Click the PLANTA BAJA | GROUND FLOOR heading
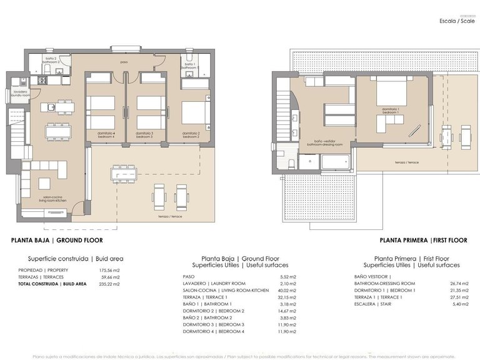pyautogui.click(x=57, y=240)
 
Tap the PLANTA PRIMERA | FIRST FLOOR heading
pyautogui.click(x=423, y=240)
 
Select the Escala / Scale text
pyautogui.click(x=457, y=21)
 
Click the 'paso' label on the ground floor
pyautogui.click(x=124, y=62)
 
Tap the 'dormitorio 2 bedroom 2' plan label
pyautogui.click(x=191, y=134)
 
